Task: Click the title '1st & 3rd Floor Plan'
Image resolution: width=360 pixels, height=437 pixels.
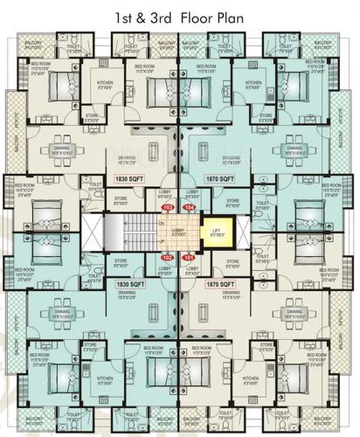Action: coord(180,15)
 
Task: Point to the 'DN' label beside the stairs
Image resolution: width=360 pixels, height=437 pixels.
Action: coord(161,224)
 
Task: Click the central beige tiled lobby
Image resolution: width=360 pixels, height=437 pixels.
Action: coord(179,232)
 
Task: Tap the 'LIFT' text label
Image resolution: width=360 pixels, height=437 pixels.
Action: coord(217,229)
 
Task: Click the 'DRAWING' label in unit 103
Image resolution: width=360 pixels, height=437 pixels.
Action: coord(127,157)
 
